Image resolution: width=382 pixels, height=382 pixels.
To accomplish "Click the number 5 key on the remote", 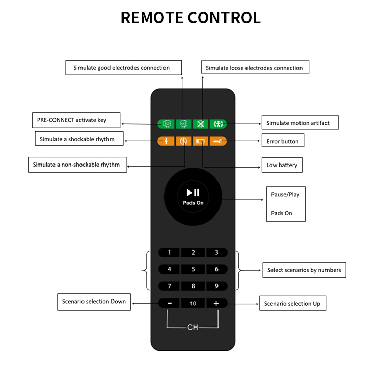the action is coord(193,269).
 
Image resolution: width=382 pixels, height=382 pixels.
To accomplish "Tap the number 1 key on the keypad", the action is coord(169,253).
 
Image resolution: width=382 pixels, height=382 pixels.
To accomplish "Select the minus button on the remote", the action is coord(169,303).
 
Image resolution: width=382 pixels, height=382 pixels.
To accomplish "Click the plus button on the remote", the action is coord(216,303).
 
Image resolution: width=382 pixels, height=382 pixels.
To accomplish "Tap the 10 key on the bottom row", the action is coord(193,303).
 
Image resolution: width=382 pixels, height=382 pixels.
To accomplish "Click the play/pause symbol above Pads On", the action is coord(193,193).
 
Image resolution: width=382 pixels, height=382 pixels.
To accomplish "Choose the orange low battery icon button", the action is coord(200,141).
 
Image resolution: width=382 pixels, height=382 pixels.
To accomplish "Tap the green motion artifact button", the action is coord(218,124).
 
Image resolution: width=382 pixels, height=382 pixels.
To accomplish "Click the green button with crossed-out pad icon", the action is coord(200,124).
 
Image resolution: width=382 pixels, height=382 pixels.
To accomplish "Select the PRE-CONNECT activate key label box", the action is coord(76,120).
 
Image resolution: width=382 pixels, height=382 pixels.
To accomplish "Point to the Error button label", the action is coord(283,141).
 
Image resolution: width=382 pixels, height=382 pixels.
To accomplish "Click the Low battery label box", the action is coord(282,165).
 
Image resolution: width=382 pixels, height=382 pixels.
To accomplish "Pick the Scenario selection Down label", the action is coord(94,302).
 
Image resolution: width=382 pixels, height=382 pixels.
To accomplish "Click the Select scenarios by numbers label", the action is coord(304,270).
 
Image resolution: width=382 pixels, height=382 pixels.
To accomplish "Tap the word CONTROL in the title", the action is coord(224,18).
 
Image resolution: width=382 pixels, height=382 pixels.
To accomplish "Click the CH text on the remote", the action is coord(193,327).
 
